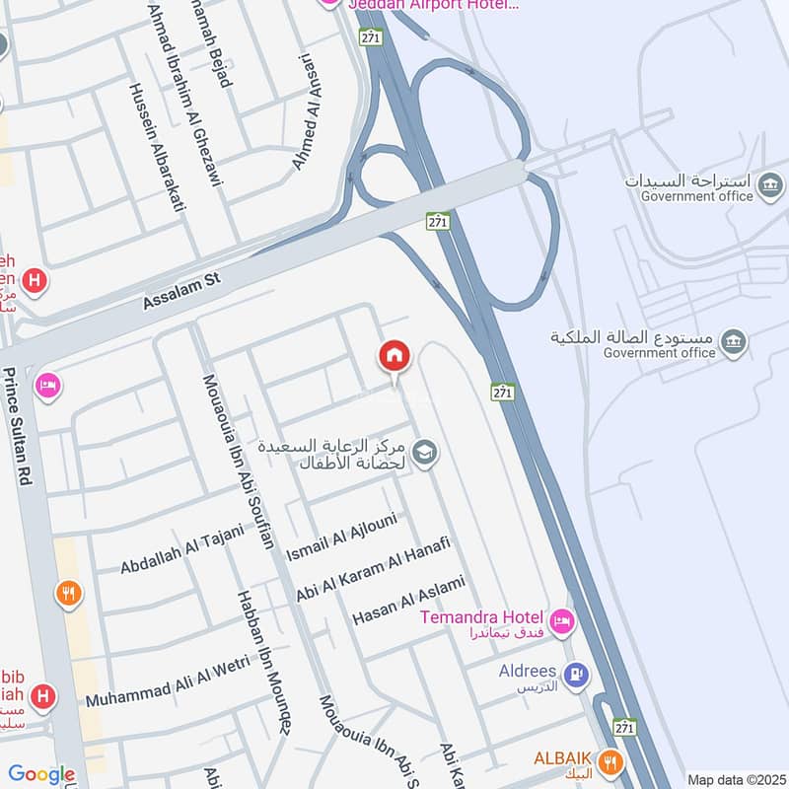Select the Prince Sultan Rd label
click(x=15, y=427)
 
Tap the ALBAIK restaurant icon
click(x=610, y=760)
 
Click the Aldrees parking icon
click(x=578, y=675)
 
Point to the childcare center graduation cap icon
click(x=425, y=452)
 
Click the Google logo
click(x=41, y=774)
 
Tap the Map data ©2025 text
click(x=736, y=779)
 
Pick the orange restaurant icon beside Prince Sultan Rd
click(x=68, y=594)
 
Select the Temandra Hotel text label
click(x=482, y=617)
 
